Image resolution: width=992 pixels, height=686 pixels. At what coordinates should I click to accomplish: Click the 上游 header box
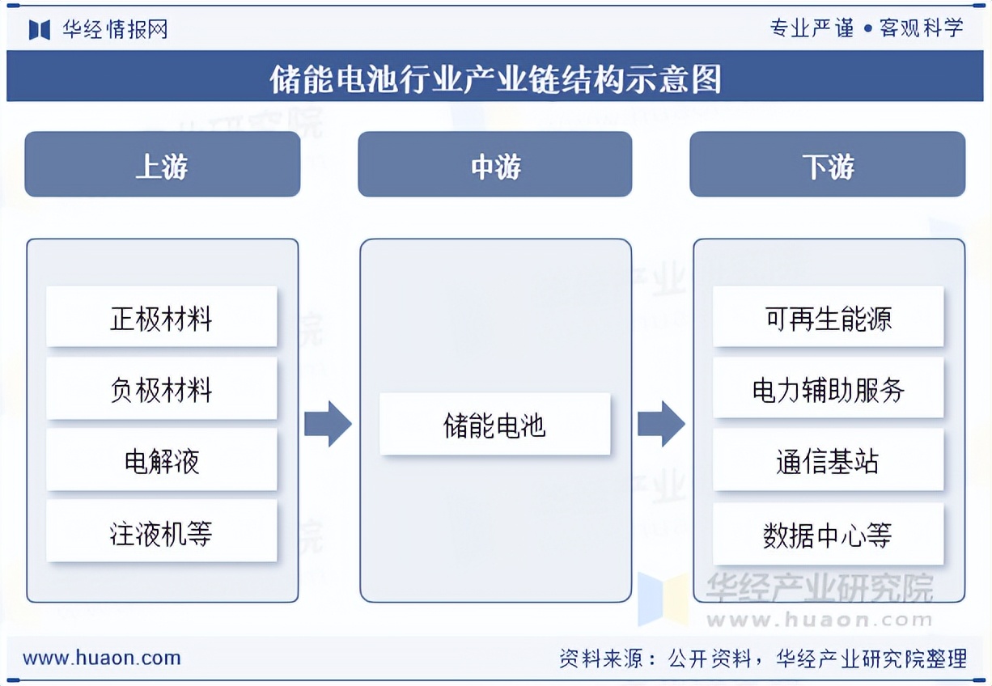point(162,164)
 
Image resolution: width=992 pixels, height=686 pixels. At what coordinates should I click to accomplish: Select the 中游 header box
point(494,164)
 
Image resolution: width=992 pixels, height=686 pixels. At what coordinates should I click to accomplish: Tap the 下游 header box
point(827,164)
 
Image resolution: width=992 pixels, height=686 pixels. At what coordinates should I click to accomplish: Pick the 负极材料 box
point(161,389)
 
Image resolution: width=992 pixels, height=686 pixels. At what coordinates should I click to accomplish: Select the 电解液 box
point(161,460)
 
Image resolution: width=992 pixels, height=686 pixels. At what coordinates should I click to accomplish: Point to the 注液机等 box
point(161,531)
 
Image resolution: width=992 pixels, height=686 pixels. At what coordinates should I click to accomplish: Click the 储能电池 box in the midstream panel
point(494,424)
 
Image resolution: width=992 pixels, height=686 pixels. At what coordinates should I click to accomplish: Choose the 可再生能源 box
point(828,316)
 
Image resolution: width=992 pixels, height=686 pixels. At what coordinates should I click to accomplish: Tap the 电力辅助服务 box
point(828,389)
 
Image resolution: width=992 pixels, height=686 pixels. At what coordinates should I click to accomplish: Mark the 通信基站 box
point(828,460)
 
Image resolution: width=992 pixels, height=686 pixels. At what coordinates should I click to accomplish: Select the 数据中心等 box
point(828,534)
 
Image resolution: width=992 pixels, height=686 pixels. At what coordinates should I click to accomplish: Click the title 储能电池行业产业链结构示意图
point(494,78)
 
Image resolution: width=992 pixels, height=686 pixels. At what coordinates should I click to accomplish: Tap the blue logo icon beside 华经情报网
point(40,29)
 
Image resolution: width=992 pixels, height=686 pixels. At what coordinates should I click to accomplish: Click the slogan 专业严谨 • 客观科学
point(867,28)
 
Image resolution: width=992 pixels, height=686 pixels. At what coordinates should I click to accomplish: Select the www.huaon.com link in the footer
point(102,658)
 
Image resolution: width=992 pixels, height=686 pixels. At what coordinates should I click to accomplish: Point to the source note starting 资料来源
point(762,658)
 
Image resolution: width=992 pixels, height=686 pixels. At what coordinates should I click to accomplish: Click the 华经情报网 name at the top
point(116,29)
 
